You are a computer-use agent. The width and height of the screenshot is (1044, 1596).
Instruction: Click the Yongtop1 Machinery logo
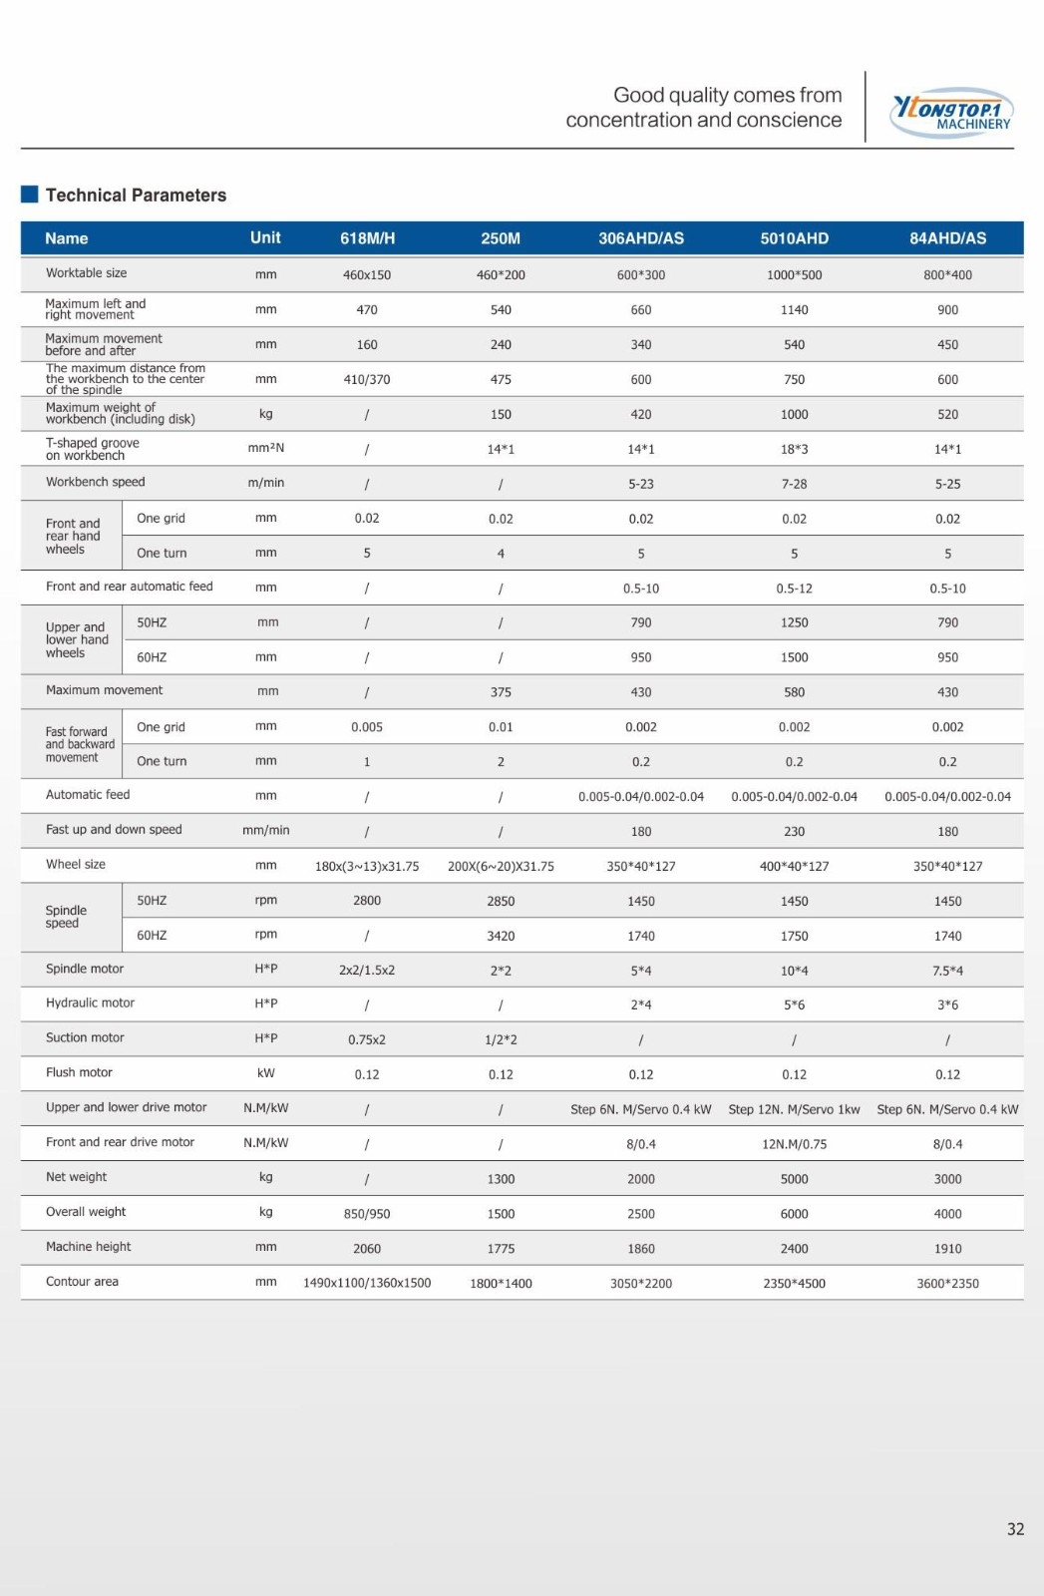[x=951, y=113]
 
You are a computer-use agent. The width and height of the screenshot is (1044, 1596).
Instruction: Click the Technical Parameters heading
[x=136, y=196]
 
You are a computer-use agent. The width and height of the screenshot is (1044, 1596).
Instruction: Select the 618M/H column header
[x=367, y=238]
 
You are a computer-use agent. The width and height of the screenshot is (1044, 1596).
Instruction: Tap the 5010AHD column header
[x=794, y=238]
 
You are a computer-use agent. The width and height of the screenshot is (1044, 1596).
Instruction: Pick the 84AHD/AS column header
[x=947, y=238]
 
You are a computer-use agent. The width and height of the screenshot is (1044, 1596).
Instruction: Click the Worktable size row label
[x=86, y=273]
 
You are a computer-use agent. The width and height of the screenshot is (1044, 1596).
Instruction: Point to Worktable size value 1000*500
[x=794, y=275]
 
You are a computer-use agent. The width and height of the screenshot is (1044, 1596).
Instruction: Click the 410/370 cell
[x=367, y=380]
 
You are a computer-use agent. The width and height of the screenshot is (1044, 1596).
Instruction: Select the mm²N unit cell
[x=265, y=448]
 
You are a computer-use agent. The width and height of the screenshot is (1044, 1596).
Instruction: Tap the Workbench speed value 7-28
[x=794, y=484]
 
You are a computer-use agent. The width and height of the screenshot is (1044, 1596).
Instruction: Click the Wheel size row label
[x=75, y=865]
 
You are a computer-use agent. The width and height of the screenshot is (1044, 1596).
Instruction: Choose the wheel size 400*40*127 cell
[x=794, y=866]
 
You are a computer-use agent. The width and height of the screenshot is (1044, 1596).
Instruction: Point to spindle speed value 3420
[x=501, y=936]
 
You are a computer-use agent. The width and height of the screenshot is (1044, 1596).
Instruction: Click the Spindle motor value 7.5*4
[x=947, y=971]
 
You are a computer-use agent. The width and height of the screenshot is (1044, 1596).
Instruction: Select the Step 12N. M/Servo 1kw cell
[x=794, y=1109]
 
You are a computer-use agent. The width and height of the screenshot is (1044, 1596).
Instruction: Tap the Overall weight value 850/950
[x=367, y=1214]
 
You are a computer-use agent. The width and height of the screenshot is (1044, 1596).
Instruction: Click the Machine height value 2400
[x=794, y=1249]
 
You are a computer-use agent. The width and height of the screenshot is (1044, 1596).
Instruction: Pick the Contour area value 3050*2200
[x=641, y=1284]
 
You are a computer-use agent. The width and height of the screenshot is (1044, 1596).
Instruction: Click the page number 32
[x=1015, y=1529]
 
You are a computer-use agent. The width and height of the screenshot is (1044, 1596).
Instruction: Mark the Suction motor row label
[x=85, y=1038]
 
